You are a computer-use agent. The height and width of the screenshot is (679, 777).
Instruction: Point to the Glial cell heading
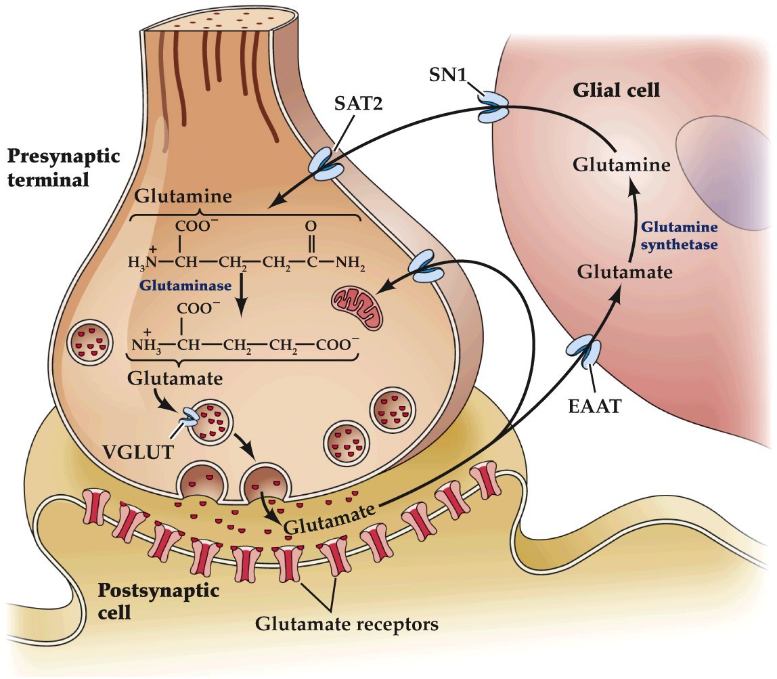tap(616, 90)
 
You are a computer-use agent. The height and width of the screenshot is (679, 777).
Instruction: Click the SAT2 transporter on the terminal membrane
tap(326, 166)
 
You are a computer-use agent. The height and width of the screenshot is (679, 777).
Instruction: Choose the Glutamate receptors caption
tap(347, 623)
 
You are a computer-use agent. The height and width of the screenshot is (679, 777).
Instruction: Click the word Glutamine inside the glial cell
tap(621, 165)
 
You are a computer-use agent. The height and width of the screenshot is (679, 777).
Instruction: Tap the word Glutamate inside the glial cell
tap(625, 272)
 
